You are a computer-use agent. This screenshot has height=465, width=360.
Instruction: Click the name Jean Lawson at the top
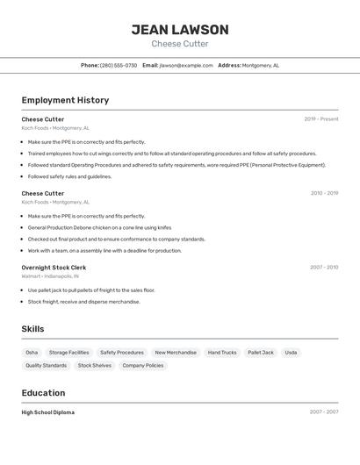click(180, 30)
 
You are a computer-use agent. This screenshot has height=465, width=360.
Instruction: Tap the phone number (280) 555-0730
click(119, 65)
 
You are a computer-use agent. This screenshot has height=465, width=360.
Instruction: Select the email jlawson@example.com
click(186, 65)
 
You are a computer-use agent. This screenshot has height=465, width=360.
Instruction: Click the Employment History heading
click(65, 100)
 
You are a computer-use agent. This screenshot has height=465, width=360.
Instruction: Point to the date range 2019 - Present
click(321, 119)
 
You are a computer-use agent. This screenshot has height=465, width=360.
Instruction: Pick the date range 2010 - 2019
click(324, 193)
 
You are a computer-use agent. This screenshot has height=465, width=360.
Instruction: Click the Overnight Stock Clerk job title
click(54, 267)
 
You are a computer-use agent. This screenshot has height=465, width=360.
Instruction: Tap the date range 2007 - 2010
click(324, 267)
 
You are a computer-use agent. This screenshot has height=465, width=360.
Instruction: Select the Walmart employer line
click(50, 276)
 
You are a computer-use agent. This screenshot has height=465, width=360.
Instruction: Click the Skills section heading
click(32, 329)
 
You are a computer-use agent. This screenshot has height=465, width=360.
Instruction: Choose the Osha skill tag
click(32, 353)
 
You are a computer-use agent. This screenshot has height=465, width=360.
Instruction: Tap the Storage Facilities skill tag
click(68, 353)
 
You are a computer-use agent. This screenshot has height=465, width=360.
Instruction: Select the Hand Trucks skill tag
click(222, 353)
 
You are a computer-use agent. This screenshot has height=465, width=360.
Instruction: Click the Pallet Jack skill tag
click(261, 353)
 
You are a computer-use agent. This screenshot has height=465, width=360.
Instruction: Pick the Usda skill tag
click(291, 353)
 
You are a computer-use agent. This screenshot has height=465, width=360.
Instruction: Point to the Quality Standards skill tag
click(46, 365)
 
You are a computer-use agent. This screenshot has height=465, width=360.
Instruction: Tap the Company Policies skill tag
click(142, 365)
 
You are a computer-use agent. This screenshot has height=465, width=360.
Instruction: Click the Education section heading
click(43, 393)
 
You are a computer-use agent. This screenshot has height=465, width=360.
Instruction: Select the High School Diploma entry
click(47, 412)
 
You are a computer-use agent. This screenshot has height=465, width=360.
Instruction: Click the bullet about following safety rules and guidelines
click(69, 176)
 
